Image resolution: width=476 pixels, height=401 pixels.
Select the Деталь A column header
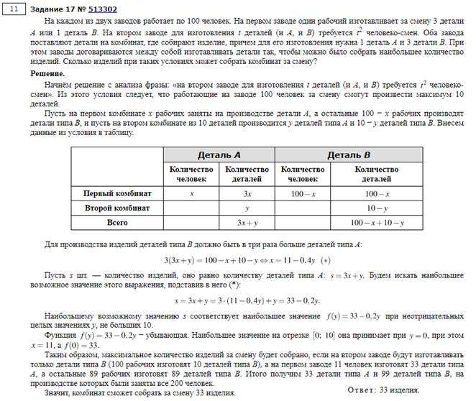pyautogui.click(x=219, y=155)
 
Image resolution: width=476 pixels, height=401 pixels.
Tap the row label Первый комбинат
pyautogui.click(x=116, y=193)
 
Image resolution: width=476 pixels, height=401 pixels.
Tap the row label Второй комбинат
pyautogui.click(x=117, y=208)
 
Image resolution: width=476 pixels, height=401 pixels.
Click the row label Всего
pyautogui.click(x=117, y=223)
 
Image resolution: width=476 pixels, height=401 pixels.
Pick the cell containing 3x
pyautogui.click(x=247, y=193)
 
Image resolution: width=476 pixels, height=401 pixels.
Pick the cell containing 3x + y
pyautogui.click(x=247, y=223)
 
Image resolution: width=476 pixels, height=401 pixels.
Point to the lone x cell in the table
pyautogui.click(x=191, y=193)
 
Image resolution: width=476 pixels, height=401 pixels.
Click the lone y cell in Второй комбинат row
pyautogui.click(x=247, y=208)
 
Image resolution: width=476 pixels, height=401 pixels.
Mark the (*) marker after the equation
pyautogui.click(x=326, y=259)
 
